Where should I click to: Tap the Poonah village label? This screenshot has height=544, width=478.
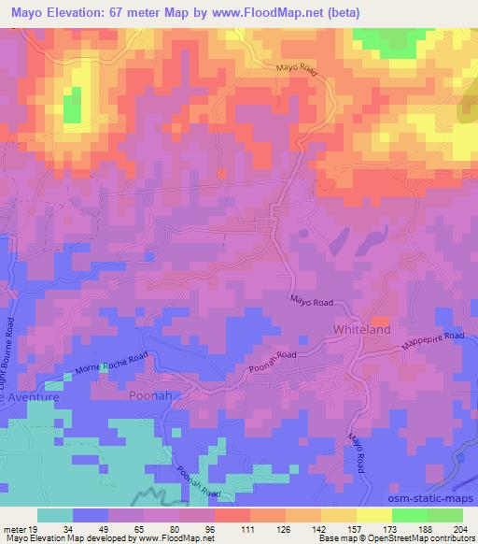click(148, 394)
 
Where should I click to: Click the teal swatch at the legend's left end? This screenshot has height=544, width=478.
click(55, 514)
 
